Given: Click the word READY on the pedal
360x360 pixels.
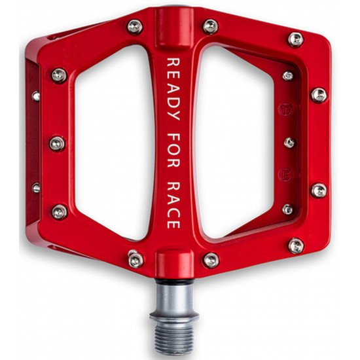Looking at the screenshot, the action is [x=173, y=89].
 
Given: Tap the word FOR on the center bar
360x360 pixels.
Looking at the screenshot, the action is [x=173, y=150].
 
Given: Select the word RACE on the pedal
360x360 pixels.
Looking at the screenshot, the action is [x=173, y=206].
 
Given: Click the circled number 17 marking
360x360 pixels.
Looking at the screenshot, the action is [x=285, y=109].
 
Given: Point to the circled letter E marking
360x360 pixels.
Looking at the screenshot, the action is [x=286, y=175].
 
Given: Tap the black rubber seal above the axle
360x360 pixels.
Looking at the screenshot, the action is [x=175, y=281].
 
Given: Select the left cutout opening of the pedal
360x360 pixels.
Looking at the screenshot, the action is [x=113, y=142].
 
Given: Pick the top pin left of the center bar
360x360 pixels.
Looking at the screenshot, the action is [x=135, y=27].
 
